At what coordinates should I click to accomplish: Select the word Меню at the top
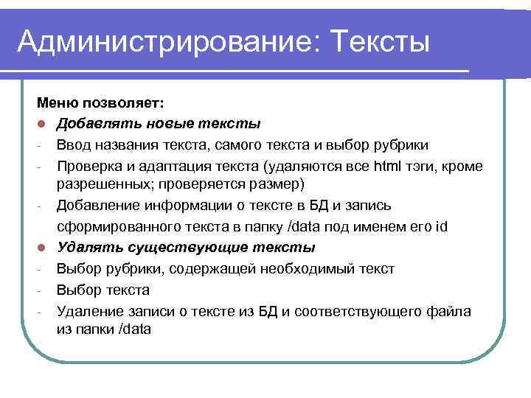(x=54, y=104)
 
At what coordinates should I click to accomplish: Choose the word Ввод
(x=74, y=144)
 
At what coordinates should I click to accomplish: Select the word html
(x=387, y=165)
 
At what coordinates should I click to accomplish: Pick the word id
(x=440, y=226)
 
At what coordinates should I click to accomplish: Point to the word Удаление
(x=88, y=311)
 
